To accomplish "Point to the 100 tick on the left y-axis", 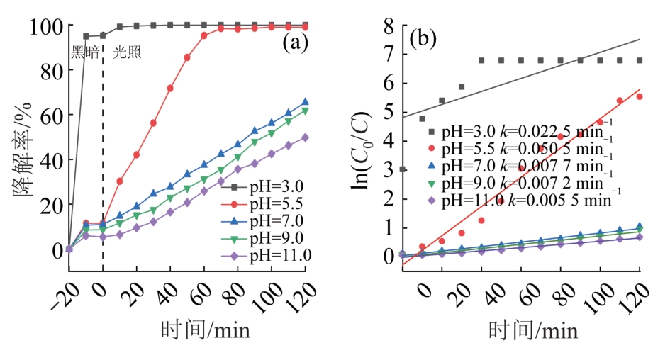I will click(x=45, y=26).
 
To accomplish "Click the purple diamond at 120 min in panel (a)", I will click(x=306, y=137).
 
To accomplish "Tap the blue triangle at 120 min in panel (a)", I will click(x=306, y=102).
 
